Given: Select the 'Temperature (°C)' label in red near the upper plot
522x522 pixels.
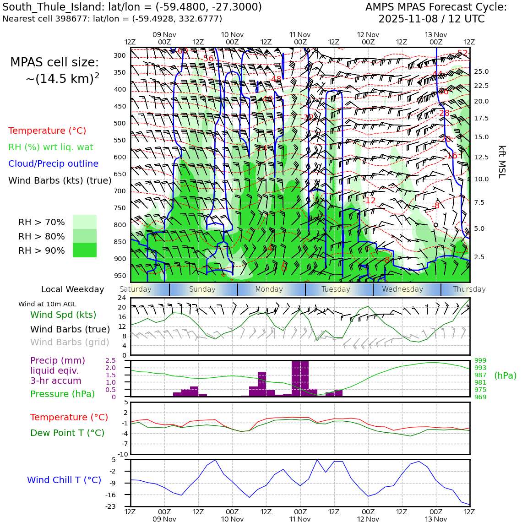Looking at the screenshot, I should tap(47, 131).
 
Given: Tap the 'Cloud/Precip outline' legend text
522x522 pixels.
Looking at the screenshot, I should tap(53, 164).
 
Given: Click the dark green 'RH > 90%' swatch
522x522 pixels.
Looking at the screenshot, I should tap(85, 250).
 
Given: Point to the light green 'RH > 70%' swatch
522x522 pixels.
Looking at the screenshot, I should tap(85, 222).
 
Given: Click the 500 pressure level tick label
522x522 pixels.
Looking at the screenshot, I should tap(120, 123).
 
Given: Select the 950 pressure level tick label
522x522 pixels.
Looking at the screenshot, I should tap(120, 276).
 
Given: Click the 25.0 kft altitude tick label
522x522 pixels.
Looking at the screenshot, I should tap(481, 72).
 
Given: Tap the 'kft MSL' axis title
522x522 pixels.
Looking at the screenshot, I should tap(502, 162).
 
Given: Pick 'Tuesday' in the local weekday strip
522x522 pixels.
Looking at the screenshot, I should tap(336, 289).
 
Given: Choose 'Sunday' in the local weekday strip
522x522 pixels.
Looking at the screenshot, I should tap(202, 289).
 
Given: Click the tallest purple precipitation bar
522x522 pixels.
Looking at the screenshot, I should tap(300, 378).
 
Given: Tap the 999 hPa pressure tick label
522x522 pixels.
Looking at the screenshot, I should tap(480, 361).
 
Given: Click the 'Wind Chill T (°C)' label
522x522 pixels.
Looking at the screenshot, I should tap(64, 480).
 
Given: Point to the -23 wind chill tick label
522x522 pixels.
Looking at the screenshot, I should tap(122, 506).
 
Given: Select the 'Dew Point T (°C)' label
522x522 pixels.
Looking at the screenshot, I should tap(67, 433).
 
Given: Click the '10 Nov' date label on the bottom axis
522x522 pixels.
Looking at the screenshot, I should tap(232, 519).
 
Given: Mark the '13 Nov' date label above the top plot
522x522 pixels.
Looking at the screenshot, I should tap(435, 35).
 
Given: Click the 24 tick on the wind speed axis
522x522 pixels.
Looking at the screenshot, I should tap(122, 298).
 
